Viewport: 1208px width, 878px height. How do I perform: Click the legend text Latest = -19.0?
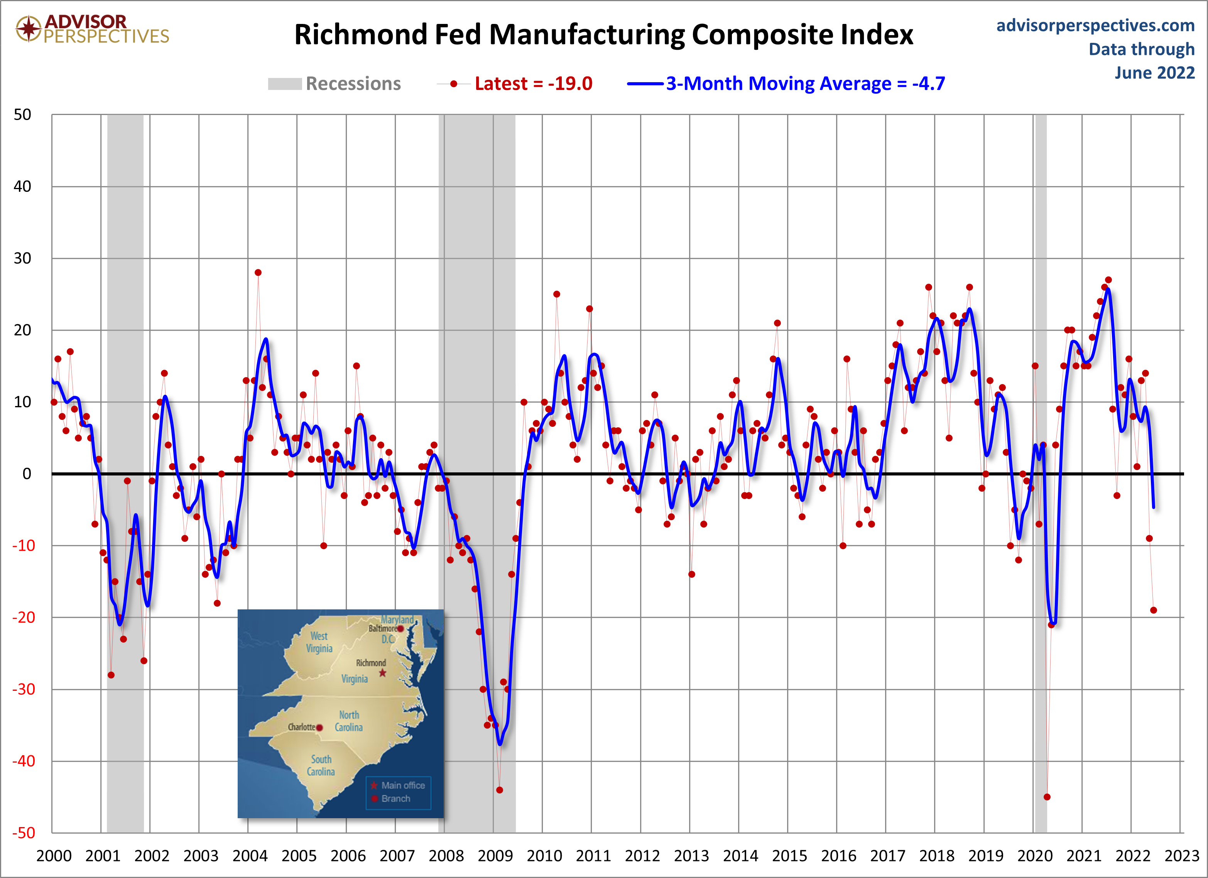[533, 84]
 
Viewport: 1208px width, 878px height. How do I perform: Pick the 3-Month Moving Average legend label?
[805, 84]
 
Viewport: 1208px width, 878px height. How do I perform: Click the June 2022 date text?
[1155, 73]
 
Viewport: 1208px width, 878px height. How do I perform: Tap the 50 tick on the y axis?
[22, 115]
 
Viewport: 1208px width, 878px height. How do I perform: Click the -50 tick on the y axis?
[24, 833]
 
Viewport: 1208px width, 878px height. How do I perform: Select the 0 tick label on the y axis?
[27, 474]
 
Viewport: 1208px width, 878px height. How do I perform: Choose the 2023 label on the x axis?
[1181, 856]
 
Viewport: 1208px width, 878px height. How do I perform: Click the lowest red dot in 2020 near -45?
[1047, 797]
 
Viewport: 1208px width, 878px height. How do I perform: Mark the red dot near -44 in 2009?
[499, 790]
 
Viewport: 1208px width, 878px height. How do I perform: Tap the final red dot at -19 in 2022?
[1153, 611]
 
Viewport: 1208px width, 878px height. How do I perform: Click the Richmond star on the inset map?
[382, 673]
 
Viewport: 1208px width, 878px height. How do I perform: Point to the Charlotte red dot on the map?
[319, 727]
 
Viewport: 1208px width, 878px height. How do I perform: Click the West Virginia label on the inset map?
[319, 642]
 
